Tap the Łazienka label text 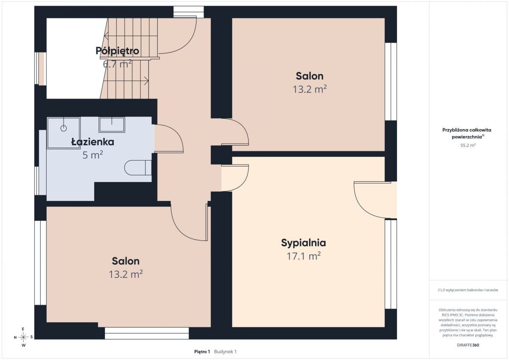click(93, 142)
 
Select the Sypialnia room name click(304, 243)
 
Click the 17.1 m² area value click(304, 256)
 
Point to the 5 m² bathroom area click(93, 155)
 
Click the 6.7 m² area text click(117, 64)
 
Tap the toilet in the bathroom click(138, 167)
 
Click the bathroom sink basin click(112, 125)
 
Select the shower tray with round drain click(64, 133)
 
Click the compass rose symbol click(23, 337)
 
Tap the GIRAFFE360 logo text click(468, 345)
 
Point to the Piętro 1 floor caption click(202, 352)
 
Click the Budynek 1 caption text click(225, 352)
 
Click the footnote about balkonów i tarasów click(468, 290)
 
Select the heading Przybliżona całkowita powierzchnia click(467, 133)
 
